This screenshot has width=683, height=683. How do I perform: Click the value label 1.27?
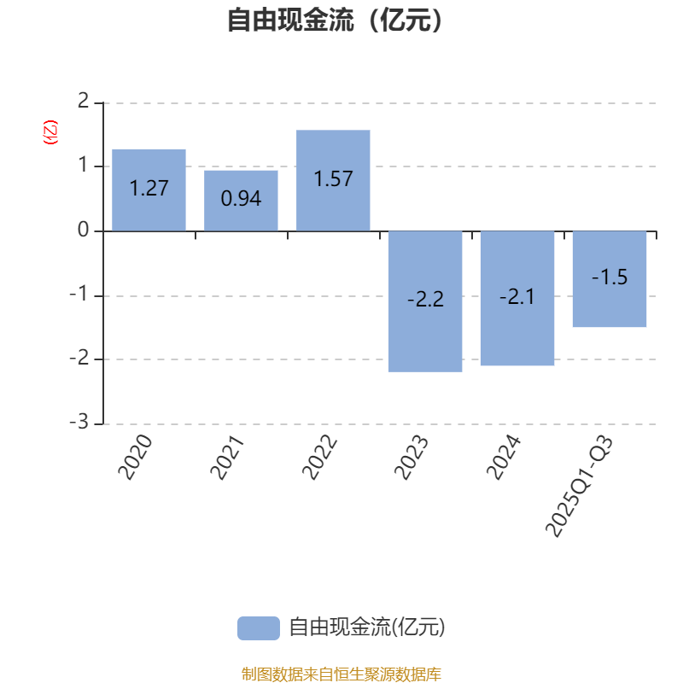click(149, 189)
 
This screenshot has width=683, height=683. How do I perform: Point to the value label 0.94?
click(241, 199)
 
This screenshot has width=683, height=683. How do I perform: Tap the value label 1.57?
click(333, 179)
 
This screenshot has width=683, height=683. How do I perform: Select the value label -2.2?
click(425, 301)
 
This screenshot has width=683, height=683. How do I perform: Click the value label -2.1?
click(517, 297)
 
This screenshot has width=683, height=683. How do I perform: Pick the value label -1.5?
click(610, 277)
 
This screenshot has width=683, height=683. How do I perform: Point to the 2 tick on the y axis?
click(83, 102)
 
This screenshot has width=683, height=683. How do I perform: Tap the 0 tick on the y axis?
click(83, 231)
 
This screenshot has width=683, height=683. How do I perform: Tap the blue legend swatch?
click(258, 628)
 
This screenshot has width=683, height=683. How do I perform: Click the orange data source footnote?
click(341, 674)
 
